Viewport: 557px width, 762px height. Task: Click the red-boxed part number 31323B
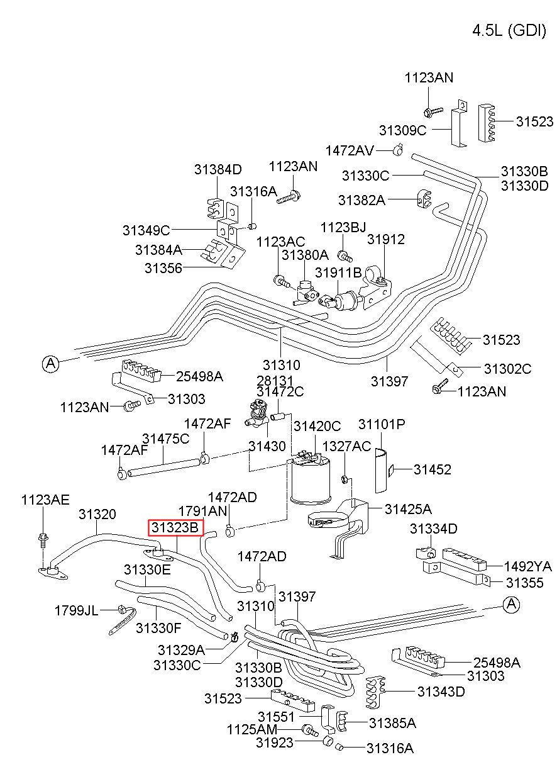point(175,528)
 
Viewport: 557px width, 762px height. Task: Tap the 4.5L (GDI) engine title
point(509,31)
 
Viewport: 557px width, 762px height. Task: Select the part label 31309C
point(403,130)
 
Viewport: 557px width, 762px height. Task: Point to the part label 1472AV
point(350,150)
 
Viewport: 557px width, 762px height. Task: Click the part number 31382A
point(361,200)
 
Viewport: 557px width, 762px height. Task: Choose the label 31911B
point(338,272)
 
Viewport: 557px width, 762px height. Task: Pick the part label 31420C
point(317,426)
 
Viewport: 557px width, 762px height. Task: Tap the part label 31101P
point(382,424)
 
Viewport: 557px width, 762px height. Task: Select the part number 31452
point(433,470)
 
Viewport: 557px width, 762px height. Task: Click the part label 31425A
point(408,509)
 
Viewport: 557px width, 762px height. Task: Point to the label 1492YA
point(528,567)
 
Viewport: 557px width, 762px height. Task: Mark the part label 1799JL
point(76,620)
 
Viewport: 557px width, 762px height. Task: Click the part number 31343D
point(441,692)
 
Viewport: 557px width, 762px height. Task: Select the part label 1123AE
point(45,500)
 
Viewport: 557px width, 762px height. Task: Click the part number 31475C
point(165,439)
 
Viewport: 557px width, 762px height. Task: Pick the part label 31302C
point(507,369)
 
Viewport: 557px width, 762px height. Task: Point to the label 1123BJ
point(343,228)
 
